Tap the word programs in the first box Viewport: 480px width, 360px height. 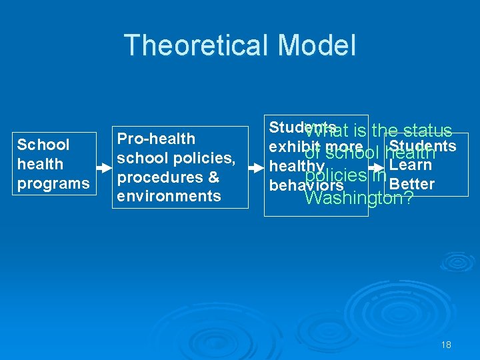(53, 183)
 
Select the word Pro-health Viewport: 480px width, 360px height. (156, 139)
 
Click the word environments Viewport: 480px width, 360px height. (169, 196)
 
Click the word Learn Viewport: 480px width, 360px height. (411, 165)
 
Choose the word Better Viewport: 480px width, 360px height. (411, 184)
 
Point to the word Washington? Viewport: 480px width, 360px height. (358, 199)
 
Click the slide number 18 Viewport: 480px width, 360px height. (446, 345)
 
